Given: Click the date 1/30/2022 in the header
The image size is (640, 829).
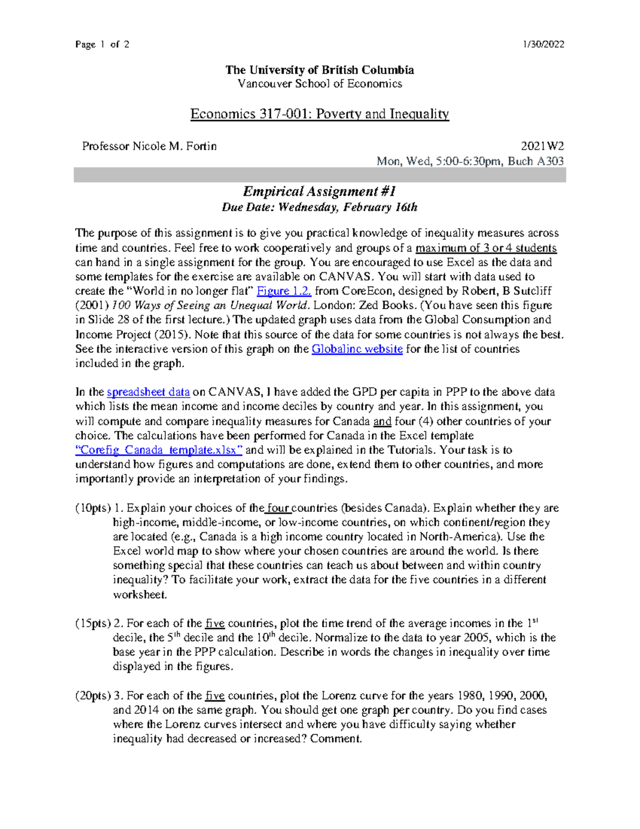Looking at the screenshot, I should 544,44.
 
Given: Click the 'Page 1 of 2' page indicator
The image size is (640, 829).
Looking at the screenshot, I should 102,44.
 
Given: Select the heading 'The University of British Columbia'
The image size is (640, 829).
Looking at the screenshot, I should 319,70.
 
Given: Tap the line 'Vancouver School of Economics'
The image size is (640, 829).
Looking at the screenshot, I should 319,84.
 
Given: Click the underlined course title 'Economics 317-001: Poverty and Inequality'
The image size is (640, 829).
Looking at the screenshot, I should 319,114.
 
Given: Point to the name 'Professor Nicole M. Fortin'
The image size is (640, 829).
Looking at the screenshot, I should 149,146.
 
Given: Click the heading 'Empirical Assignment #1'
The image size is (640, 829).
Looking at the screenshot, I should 319,191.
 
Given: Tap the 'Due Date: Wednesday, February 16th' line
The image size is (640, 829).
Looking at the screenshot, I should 319,207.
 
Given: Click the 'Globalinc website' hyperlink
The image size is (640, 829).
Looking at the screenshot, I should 357,349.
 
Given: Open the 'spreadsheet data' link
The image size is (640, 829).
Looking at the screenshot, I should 148,392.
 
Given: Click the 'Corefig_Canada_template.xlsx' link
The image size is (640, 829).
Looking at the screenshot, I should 159,450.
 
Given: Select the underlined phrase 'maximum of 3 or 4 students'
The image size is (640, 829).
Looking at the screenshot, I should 486,248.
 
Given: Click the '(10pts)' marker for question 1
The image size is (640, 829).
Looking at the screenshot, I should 93,508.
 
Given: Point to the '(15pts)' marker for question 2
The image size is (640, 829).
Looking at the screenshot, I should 93,623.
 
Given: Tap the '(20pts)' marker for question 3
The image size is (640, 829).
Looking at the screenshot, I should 93,696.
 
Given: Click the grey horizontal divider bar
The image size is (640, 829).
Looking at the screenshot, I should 319,175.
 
